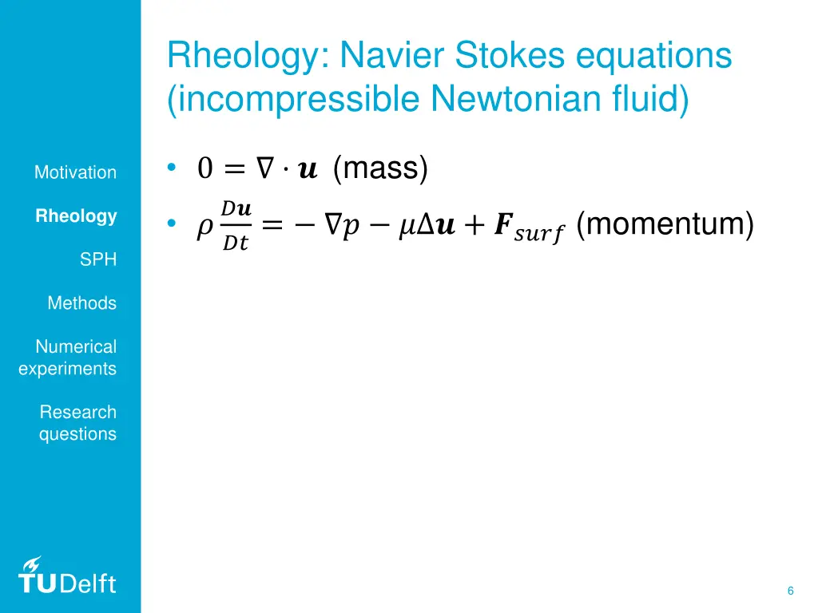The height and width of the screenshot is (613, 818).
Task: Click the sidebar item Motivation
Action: click(x=75, y=172)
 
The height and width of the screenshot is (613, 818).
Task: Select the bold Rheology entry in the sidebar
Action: click(x=77, y=216)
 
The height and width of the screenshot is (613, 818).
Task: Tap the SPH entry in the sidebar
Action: click(x=98, y=259)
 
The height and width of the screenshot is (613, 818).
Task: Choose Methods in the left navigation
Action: click(x=81, y=303)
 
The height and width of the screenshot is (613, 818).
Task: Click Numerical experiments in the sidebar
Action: click(x=68, y=358)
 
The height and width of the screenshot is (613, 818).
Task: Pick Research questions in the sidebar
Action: click(x=77, y=423)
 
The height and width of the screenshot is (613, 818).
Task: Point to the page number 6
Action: click(x=790, y=591)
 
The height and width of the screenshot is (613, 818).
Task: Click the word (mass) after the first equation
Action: click(x=380, y=168)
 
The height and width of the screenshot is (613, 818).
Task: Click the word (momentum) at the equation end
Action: click(x=665, y=225)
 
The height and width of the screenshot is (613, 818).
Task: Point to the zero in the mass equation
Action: click(x=204, y=169)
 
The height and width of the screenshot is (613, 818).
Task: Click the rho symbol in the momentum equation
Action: click(x=204, y=229)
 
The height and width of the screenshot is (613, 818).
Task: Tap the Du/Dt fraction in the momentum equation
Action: click(x=236, y=227)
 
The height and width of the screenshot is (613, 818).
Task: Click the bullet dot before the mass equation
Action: click(x=171, y=168)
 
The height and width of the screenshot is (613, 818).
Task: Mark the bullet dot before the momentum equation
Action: click(x=171, y=226)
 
